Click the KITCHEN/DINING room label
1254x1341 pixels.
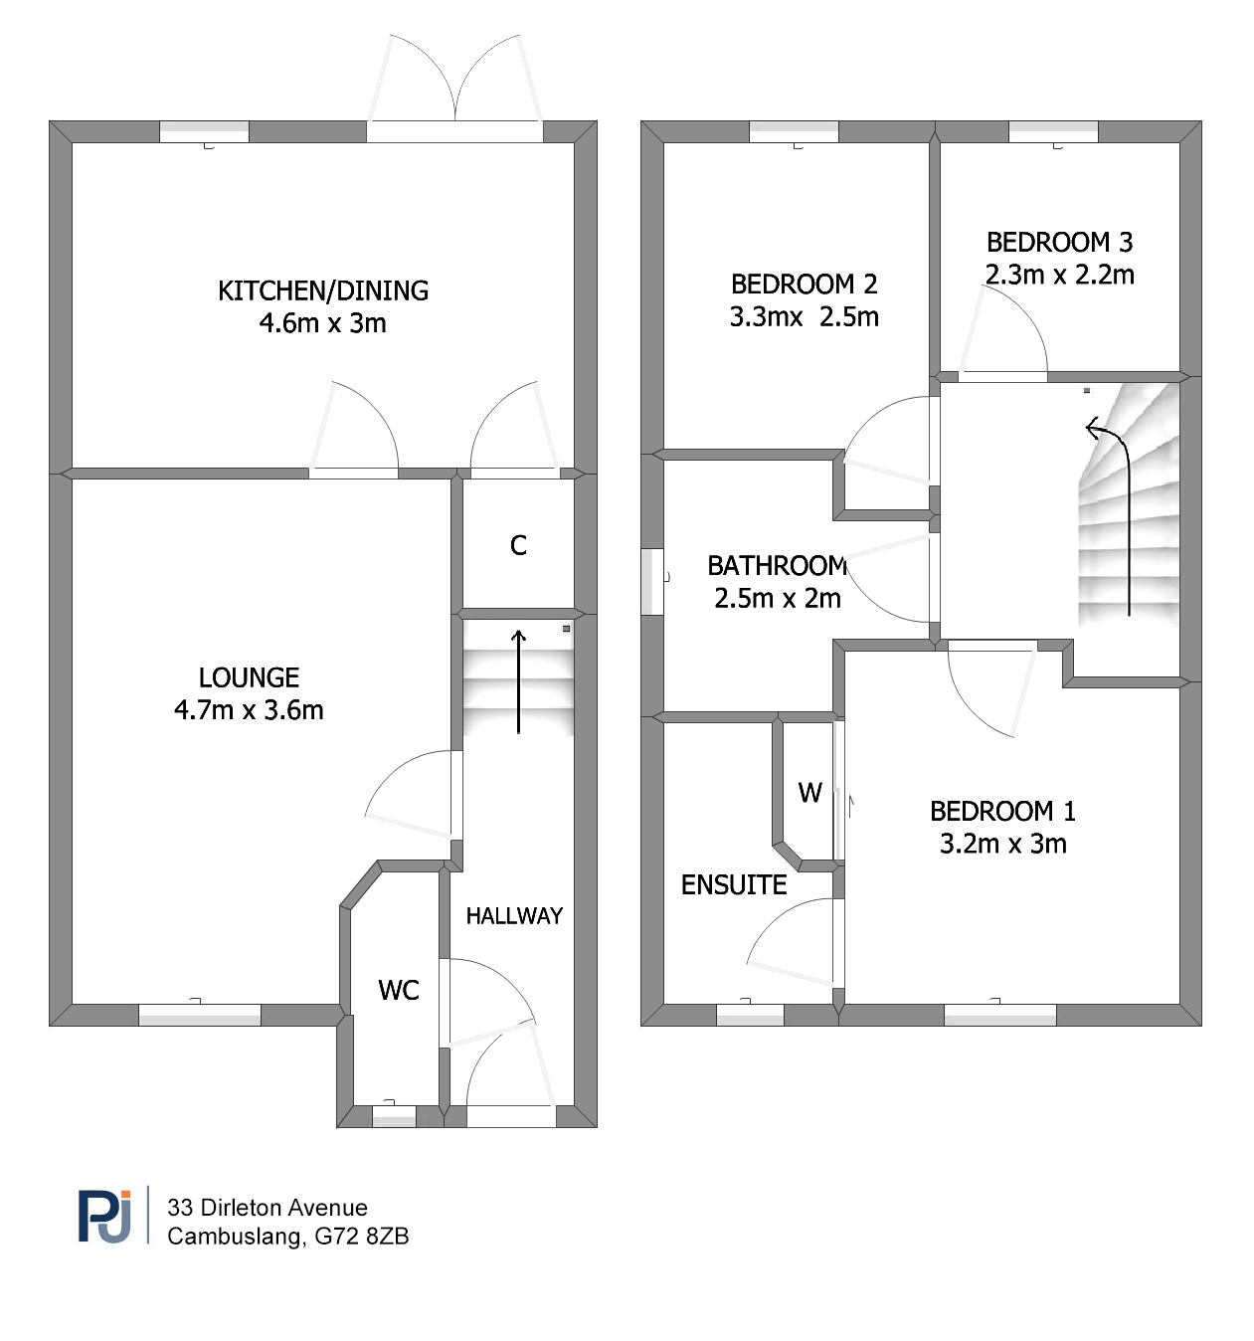click(323, 290)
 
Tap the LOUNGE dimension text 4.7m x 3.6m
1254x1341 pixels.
click(249, 709)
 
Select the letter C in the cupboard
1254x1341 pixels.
click(518, 545)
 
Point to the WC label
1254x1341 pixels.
click(399, 990)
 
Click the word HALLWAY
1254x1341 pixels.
click(514, 915)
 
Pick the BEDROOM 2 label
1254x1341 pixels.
click(804, 285)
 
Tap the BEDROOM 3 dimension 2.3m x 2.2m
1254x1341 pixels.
click(1059, 275)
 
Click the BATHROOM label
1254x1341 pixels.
click(777, 566)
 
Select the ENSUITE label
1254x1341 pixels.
click(733, 884)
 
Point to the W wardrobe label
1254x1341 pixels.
click(809, 792)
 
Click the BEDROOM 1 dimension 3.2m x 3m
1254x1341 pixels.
click(1002, 844)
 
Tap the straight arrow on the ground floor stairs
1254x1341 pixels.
click(519, 681)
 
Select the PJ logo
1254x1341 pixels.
click(104, 1217)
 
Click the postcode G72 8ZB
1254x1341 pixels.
click(361, 1236)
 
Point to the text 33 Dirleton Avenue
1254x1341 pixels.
click(268, 1208)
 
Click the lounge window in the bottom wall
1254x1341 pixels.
click(199, 1014)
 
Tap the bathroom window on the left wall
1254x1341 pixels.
click(651, 581)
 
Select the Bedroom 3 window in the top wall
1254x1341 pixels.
click(1053, 131)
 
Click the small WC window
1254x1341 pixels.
click(395, 1116)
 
